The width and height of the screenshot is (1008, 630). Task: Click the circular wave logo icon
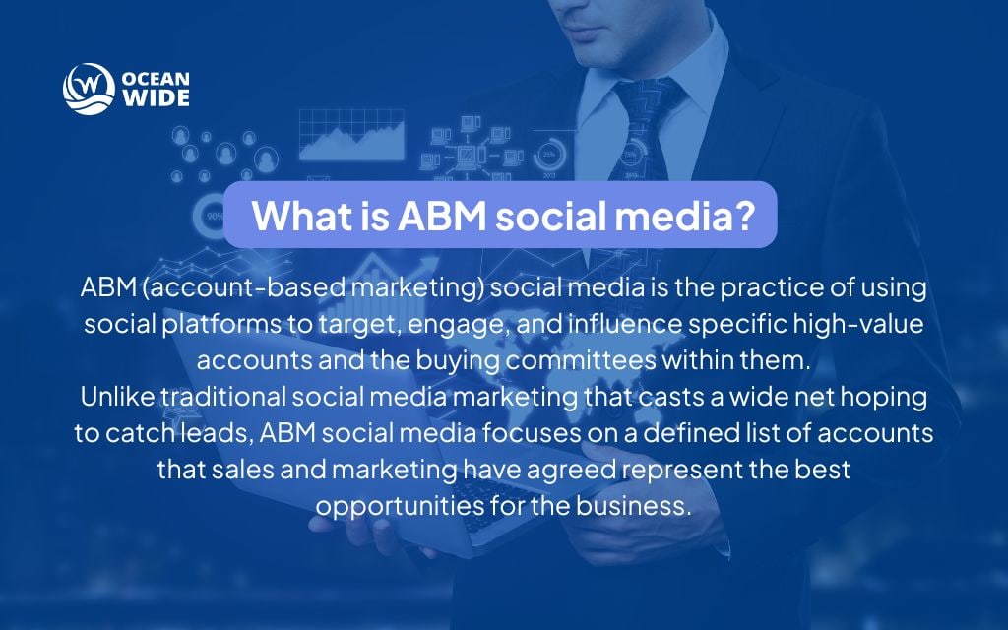[83, 89]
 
